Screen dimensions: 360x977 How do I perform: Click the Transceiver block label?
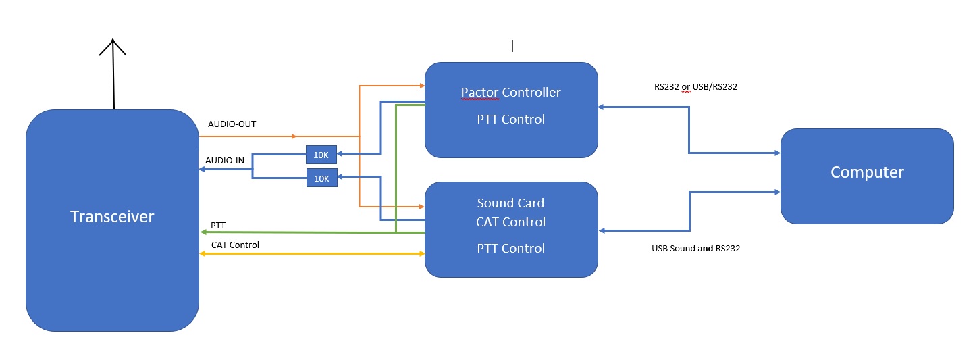[112, 217]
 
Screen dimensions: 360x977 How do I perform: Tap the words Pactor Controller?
[510, 92]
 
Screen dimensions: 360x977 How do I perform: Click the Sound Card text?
[510, 203]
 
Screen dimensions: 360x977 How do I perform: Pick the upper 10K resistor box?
[321, 155]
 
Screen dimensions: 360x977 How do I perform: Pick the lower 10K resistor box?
[321, 178]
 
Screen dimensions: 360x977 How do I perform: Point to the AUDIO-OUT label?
[232, 124]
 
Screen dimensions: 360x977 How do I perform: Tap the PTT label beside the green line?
[218, 225]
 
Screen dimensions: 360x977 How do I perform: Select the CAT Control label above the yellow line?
[235, 245]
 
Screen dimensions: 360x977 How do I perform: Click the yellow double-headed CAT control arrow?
[311, 254]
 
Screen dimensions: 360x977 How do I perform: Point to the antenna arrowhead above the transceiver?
[113, 46]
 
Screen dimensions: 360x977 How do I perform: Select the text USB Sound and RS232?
[695, 248]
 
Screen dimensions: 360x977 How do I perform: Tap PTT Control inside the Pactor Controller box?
[510, 120]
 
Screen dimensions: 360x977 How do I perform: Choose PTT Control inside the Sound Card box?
[510, 248]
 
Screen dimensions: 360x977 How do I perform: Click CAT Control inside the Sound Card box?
[510, 222]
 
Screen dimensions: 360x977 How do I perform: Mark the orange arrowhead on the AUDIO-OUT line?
[292, 136]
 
